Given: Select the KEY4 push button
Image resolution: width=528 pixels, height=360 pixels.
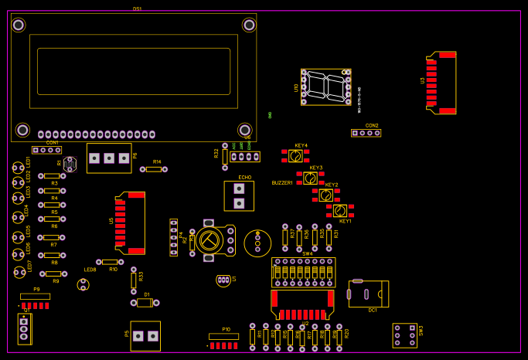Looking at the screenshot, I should tap(295, 156).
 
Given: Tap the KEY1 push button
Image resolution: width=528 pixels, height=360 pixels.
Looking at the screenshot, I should tap(339, 210).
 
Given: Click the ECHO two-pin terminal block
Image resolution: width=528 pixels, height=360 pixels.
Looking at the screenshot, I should tap(239, 195).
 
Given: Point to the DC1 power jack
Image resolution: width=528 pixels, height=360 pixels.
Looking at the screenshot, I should tap(367, 294).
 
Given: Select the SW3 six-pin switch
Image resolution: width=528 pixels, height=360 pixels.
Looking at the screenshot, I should tap(404, 335).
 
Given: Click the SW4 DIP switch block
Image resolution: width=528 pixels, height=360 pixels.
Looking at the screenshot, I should tap(303, 272).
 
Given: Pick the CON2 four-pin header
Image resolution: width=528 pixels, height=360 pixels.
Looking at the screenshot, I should tap(366, 133).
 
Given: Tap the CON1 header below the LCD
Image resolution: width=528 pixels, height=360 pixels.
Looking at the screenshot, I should tap(46, 150).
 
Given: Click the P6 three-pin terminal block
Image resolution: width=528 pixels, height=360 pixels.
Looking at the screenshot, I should tap(109, 158).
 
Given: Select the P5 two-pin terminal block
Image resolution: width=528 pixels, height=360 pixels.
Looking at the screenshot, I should tap(145, 336).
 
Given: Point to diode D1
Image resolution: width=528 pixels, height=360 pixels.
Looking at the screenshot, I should tap(145, 303).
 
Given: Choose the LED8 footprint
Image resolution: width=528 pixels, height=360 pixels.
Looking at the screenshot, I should tap(83, 284).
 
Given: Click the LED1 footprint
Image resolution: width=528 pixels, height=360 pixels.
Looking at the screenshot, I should tap(18, 168).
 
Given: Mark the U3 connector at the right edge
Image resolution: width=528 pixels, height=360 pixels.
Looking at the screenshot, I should tap(442, 83).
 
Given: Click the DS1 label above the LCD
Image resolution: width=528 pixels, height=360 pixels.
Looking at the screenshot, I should tap(138, 8).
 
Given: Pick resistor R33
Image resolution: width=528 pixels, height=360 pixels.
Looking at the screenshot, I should tap(134, 279).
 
